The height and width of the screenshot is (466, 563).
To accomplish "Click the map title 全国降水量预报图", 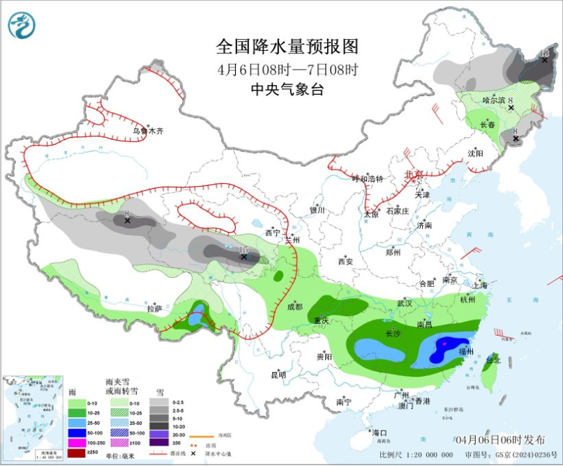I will click(x=287, y=47).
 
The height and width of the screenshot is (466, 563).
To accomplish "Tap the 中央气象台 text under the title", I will click(x=287, y=89).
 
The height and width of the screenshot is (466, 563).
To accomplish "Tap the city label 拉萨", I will click(x=154, y=308).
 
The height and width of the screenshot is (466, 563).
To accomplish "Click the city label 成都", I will click(x=294, y=306).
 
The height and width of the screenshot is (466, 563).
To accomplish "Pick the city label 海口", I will click(x=380, y=433).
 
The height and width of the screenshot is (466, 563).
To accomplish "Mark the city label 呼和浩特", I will click(x=368, y=179).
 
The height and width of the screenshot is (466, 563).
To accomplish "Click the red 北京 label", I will click(x=414, y=175).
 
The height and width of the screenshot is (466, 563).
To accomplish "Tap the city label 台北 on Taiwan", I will click(x=493, y=360).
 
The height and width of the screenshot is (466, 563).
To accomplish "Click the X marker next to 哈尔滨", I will click(x=511, y=108).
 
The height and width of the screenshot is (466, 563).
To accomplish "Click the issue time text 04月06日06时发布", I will click(x=501, y=440).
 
